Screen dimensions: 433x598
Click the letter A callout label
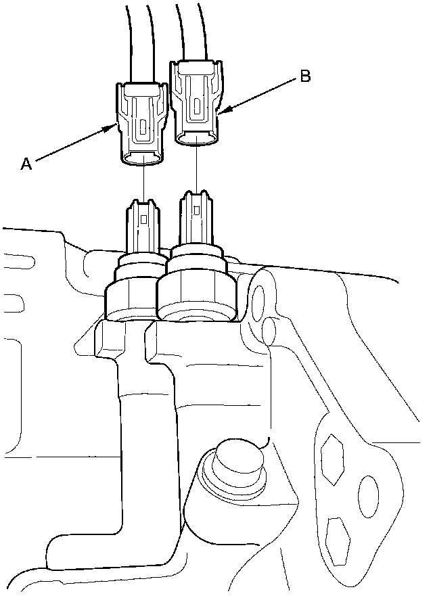coord(26,163)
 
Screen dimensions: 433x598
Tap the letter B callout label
coord(305,77)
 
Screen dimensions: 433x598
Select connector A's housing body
coord(141,122)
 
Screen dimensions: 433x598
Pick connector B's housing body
coord(196,101)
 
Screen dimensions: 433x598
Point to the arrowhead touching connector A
coord(116,126)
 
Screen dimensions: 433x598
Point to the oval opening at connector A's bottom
coord(142,159)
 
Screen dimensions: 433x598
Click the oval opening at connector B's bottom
coord(197,139)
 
